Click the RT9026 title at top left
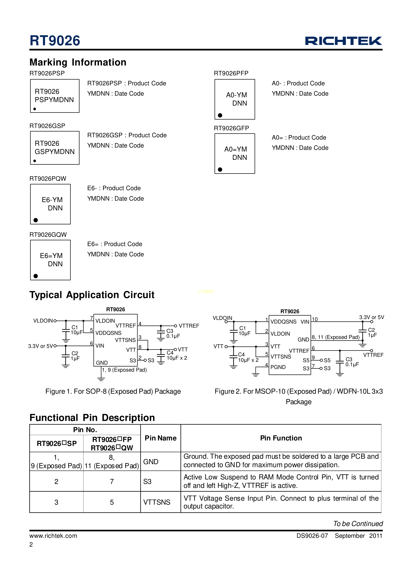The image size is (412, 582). click(x=55, y=41)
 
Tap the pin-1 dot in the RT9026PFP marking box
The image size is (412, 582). click(x=220, y=115)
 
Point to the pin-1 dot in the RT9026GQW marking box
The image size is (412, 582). click(x=36, y=276)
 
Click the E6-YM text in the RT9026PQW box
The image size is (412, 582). click(x=52, y=200)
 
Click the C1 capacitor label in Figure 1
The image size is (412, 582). click(x=75, y=327)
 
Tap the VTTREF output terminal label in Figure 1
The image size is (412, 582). click(x=189, y=326)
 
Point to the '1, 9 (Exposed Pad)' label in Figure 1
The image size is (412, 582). click(x=124, y=370)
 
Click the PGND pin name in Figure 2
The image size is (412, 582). click(x=278, y=367)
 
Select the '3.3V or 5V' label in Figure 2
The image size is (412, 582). click(x=371, y=317)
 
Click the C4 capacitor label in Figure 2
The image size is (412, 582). click(x=241, y=354)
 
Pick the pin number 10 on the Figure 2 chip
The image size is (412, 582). click(x=315, y=319)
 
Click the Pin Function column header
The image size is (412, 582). click(x=281, y=438)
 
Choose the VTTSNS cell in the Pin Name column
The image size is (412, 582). click(x=157, y=502)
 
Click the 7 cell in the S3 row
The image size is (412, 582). click(x=112, y=481)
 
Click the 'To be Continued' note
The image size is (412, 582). click(x=358, y=524)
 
